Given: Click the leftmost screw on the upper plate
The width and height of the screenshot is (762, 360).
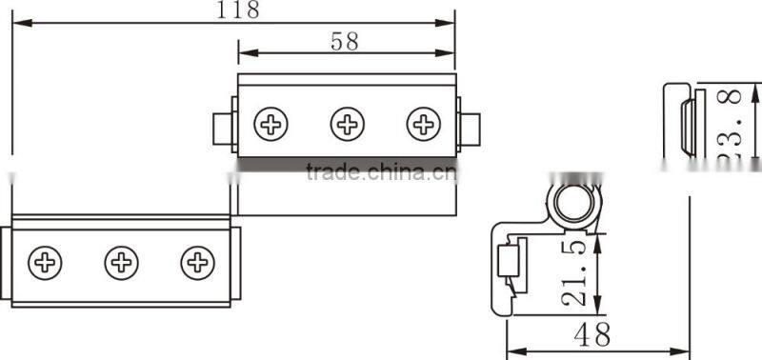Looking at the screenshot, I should [x=271, y=124].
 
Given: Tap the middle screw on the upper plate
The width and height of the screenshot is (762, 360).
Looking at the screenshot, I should [x=348, y=124].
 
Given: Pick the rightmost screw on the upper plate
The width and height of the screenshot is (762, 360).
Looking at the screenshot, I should [x=424, y=124].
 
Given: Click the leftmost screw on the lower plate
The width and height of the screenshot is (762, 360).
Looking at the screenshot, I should [x=45, y=262].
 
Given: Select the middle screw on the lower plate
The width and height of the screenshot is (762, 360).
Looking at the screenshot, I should [x=121, y=262].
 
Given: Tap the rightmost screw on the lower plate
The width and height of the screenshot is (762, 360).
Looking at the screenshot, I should [x=197, y=262].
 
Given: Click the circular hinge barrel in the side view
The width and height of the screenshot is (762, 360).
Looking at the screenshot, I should [x=571, y=203].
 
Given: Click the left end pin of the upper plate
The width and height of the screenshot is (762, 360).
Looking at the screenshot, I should [x=221, y=127].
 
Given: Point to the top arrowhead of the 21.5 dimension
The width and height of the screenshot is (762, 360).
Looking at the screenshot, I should [x=598, y=234].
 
